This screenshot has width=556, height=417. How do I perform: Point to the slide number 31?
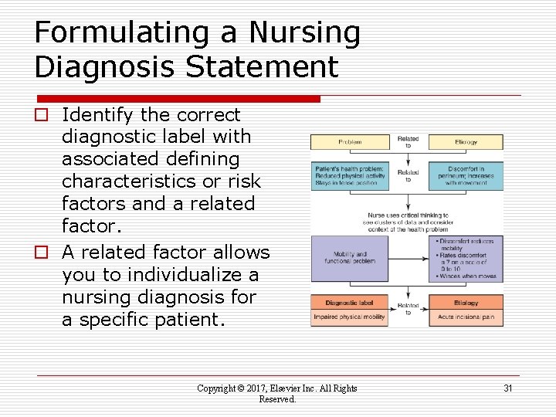[x=507, y=388]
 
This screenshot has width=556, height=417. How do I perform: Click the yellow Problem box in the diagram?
[x=349, y=142]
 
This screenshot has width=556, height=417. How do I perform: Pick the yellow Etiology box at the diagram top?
[x=466, y=142]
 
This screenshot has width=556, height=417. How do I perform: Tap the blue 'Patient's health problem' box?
[x=349, y=176]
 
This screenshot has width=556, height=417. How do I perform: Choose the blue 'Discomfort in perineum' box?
[x=466, y=176]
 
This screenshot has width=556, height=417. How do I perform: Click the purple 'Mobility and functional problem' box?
[x=349, y=257]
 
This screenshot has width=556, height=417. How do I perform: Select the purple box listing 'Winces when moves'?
[x=466, y=257]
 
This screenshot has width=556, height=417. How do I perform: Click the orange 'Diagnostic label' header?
[x=349, y=303]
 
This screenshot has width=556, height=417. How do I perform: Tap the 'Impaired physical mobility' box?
[x=349, y=317]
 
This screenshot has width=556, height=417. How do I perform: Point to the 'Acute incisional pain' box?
[x=466, y=317]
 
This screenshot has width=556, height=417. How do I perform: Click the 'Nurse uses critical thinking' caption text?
[x=407, y=219]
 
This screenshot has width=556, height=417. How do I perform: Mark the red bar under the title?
[x=178, y=99]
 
